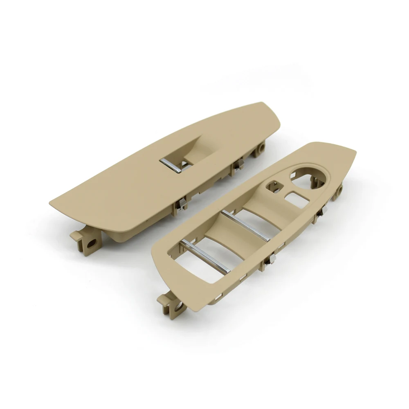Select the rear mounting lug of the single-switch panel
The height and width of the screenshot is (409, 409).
tap(260, 149)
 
